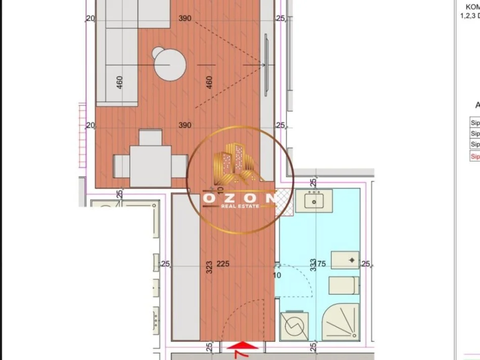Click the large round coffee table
[x=170, y=66]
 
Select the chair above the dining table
[x=151, y=137]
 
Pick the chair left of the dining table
[x=122, y=165]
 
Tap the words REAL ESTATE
[x=240, y=206]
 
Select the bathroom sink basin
[x=318, y=202]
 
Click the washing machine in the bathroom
[x=294, y=326]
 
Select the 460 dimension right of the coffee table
[x=209, y=82]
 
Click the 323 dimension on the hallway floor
[x=209, y=267]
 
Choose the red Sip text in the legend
[x=475, y=157]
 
